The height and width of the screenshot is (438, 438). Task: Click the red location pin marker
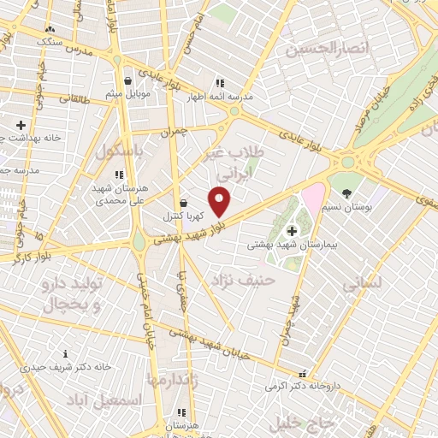[x=220, y=202]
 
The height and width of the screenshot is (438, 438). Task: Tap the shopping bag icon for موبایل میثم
[x=127, y=82]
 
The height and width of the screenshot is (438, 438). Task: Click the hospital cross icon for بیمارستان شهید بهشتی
[x=293, y=230]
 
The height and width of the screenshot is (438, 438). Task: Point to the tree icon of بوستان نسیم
[x=346, y=193]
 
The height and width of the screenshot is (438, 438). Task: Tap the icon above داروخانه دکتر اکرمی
[x=300, y=375]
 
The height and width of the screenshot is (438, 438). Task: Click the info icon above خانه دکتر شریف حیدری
[x=66, y=354]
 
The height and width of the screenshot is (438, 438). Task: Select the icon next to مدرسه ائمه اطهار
[x=219, y=84]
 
